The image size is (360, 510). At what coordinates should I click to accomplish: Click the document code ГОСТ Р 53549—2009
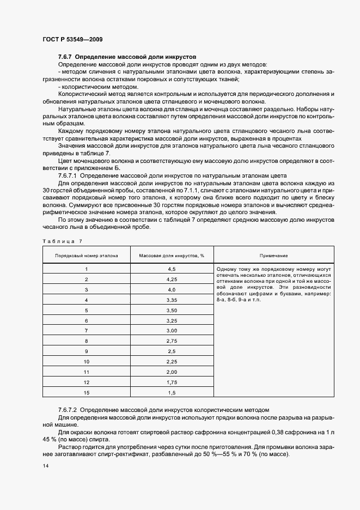click(x=72, y=40)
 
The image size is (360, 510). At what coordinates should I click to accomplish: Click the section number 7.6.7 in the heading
click(x=65, y=57)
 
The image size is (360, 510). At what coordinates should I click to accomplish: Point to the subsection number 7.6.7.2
click(x=69, y=409)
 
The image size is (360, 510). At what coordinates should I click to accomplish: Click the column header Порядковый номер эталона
click(x=86, y=256)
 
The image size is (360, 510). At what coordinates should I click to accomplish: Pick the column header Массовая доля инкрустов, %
click(x=171, y=256)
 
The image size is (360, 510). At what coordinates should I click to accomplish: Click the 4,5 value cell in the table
click(x=171, y=269)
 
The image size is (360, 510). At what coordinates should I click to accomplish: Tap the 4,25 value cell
click(x=171, y=280)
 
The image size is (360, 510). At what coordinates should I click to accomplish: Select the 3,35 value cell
click(x=171, y=300)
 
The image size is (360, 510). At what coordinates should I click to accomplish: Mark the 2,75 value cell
click(x=171, y=341)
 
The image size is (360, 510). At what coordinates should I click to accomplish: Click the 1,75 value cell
click(x=171, y=381)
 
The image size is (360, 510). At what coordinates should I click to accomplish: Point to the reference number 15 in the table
click(x=86, y=392)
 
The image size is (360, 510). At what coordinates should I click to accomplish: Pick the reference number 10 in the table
click(x=86, y=361)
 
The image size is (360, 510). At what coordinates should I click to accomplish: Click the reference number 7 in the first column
click(x=86, y=331)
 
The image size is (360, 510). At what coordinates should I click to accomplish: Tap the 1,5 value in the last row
click(x=171, y=392)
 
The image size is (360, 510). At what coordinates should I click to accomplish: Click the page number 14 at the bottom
click(x=46, y=467)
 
